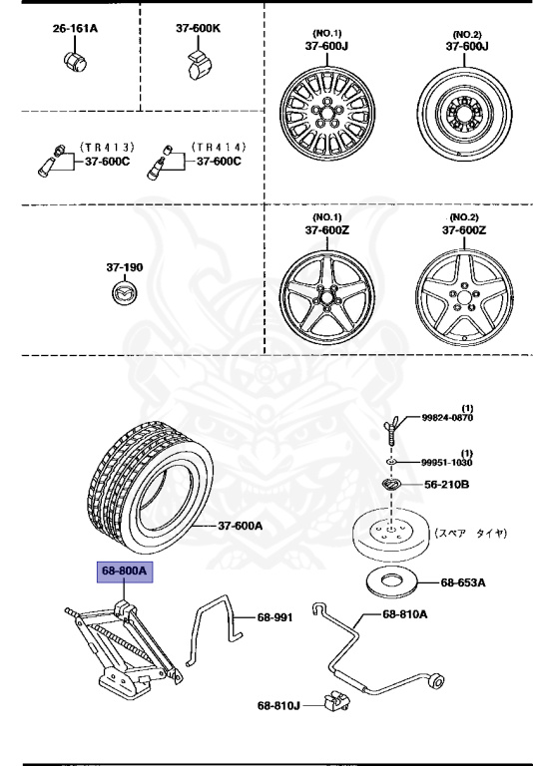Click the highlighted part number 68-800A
123,572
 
